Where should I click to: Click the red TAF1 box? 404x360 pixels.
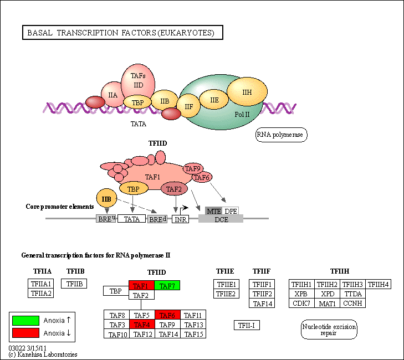point(141,286)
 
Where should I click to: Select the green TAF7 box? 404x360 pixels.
point(167,286)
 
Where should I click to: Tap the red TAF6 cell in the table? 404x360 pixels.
point(167,315)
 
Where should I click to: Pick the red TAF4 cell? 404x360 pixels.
point(141,325)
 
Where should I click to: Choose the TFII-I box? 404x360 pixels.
point(247,325)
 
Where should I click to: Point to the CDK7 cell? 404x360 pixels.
point(301,303)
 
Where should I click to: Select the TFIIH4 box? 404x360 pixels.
point(379,285)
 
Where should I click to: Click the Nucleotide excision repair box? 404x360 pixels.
point(329,330)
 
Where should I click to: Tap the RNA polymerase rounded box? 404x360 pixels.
point(281,135)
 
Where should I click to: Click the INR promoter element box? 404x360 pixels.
point(180,219)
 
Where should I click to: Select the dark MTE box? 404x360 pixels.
point(214,211)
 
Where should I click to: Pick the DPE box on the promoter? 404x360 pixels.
point(231,211)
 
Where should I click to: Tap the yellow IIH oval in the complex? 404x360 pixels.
point(247,92)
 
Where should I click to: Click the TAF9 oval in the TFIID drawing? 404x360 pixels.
point(193,169)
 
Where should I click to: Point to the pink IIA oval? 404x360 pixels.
point(113,95)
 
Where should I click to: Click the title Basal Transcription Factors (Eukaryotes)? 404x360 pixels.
point(122,33)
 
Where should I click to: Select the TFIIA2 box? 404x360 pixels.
point(40,294)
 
